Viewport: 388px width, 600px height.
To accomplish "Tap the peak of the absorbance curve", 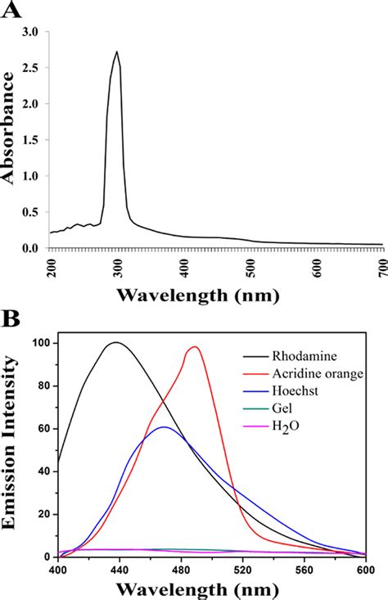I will pos(117,52).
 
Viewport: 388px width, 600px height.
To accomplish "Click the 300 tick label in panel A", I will pos(118,263).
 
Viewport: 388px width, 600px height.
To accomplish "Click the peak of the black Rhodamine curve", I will pos(117,342).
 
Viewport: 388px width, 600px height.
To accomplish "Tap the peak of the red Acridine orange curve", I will pos(194,346).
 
